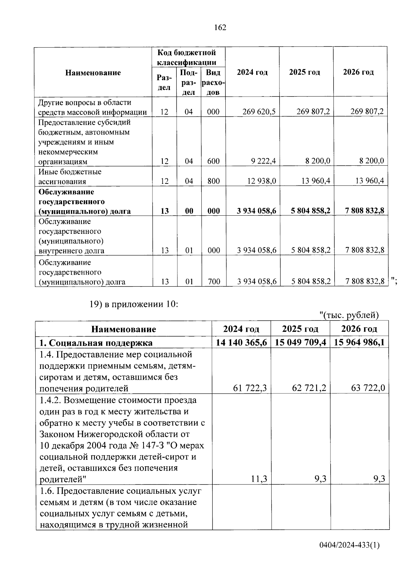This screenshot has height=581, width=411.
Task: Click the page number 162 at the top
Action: [x=220, y=28]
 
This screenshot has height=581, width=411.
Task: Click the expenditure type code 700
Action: [x=213, y=282]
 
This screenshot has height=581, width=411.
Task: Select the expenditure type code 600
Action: [x=213, y=161]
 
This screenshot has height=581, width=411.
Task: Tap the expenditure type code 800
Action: [x=213, y=181]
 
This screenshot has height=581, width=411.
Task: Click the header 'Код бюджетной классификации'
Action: [x=187, y=57]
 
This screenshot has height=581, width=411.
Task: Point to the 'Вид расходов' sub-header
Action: [x=213, y=83]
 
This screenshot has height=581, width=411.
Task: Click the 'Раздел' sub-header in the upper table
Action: [x=164, y=83]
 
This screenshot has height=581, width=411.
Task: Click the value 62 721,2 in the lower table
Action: [x=307, y=388]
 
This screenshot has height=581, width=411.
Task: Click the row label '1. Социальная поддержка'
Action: [x=96, y=343]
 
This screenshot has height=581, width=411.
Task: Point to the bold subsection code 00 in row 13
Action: [x=189, y=211]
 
